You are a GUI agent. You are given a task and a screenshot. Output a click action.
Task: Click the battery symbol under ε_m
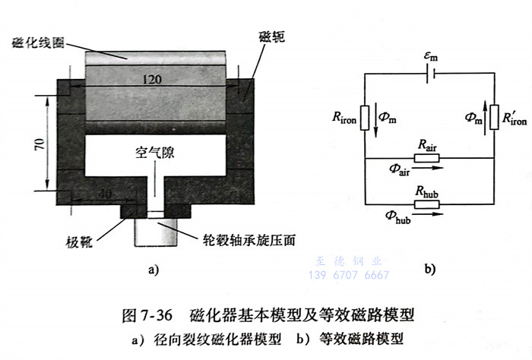431,73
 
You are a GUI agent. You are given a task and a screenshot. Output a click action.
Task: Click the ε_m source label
431,56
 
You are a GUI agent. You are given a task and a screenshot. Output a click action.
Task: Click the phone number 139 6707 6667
348,275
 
